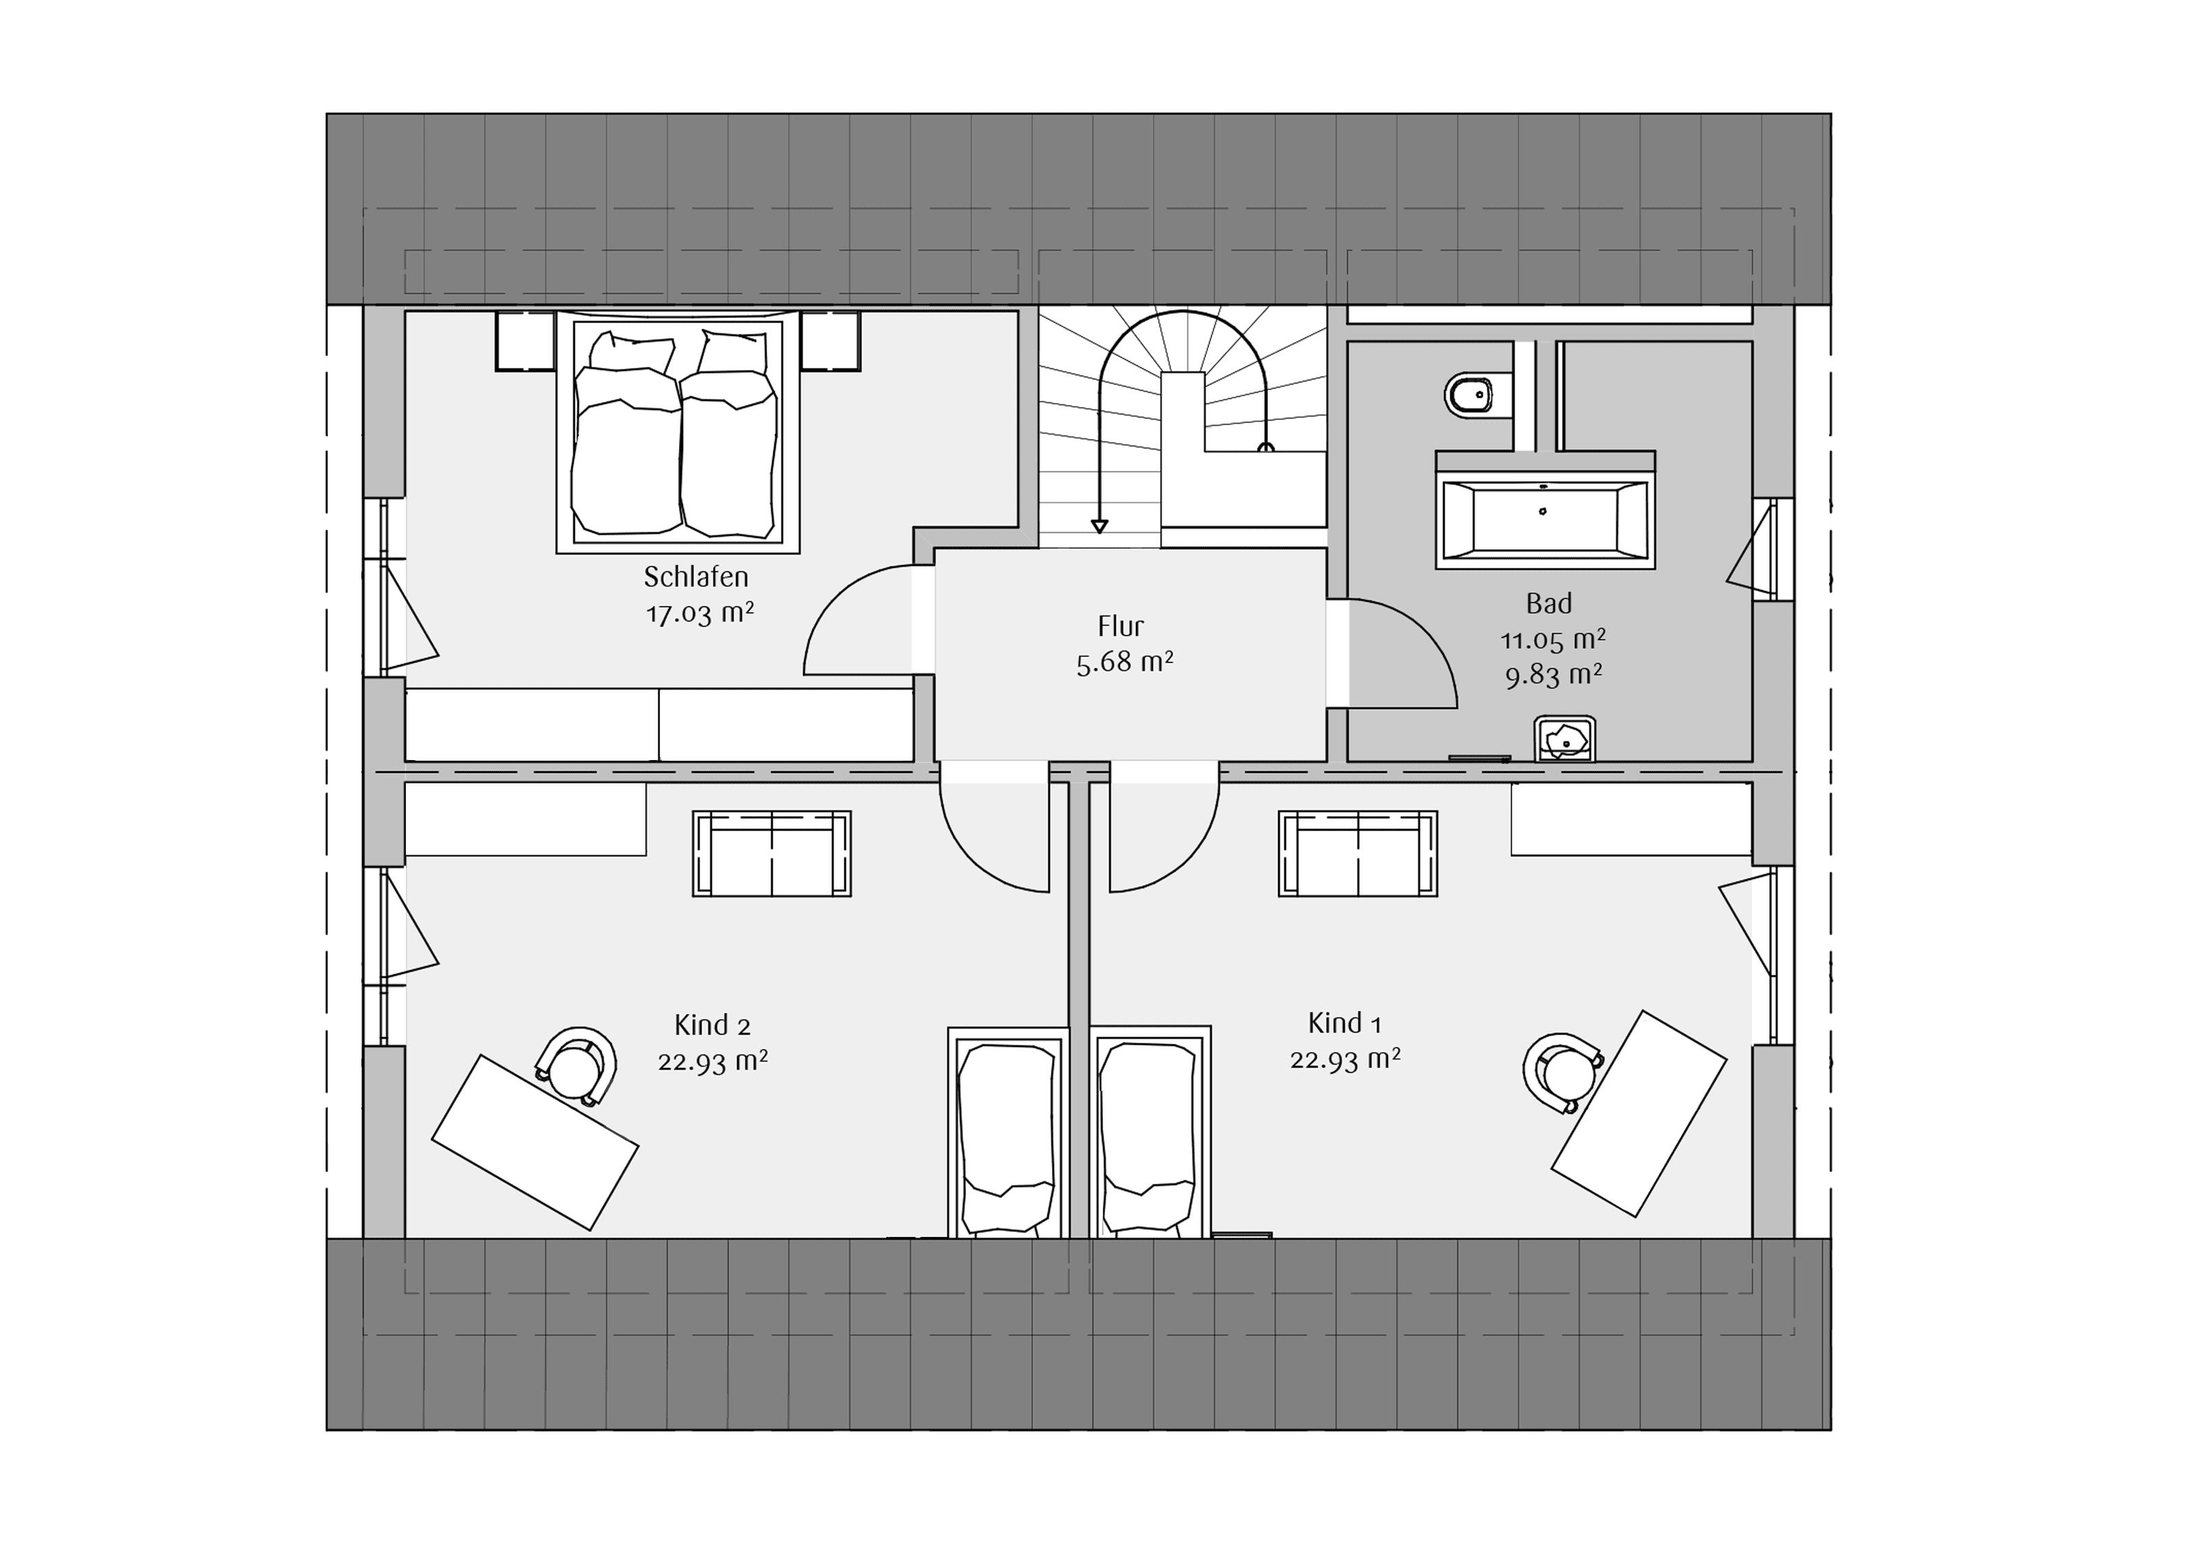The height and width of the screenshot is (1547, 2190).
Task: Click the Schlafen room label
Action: click(695, 577)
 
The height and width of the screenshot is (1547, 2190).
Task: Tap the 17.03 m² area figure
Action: click(700, 613)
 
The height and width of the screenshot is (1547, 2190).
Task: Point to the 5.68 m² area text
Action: click(1124, 662)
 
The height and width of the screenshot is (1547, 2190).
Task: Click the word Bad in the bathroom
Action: click(1548, 603)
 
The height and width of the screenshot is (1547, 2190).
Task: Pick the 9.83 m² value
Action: click(1553, 675)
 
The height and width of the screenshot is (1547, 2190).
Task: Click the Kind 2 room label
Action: click(712, 1026)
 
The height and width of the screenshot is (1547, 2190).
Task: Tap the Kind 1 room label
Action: click(1345, 1024)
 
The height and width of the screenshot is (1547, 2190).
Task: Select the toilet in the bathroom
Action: click(1478, 395)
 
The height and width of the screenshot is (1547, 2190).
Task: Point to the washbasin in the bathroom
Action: click(1564, 739)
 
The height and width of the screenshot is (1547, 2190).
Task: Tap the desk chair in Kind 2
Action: click(575, 1066)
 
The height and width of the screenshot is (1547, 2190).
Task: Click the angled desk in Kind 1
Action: click(1638, 1114)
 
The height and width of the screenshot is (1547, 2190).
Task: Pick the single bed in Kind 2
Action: click(1008, 1132)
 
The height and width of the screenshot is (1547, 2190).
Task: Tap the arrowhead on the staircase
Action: click(1100, 526)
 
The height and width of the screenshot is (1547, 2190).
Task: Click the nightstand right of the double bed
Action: click(830, 341)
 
